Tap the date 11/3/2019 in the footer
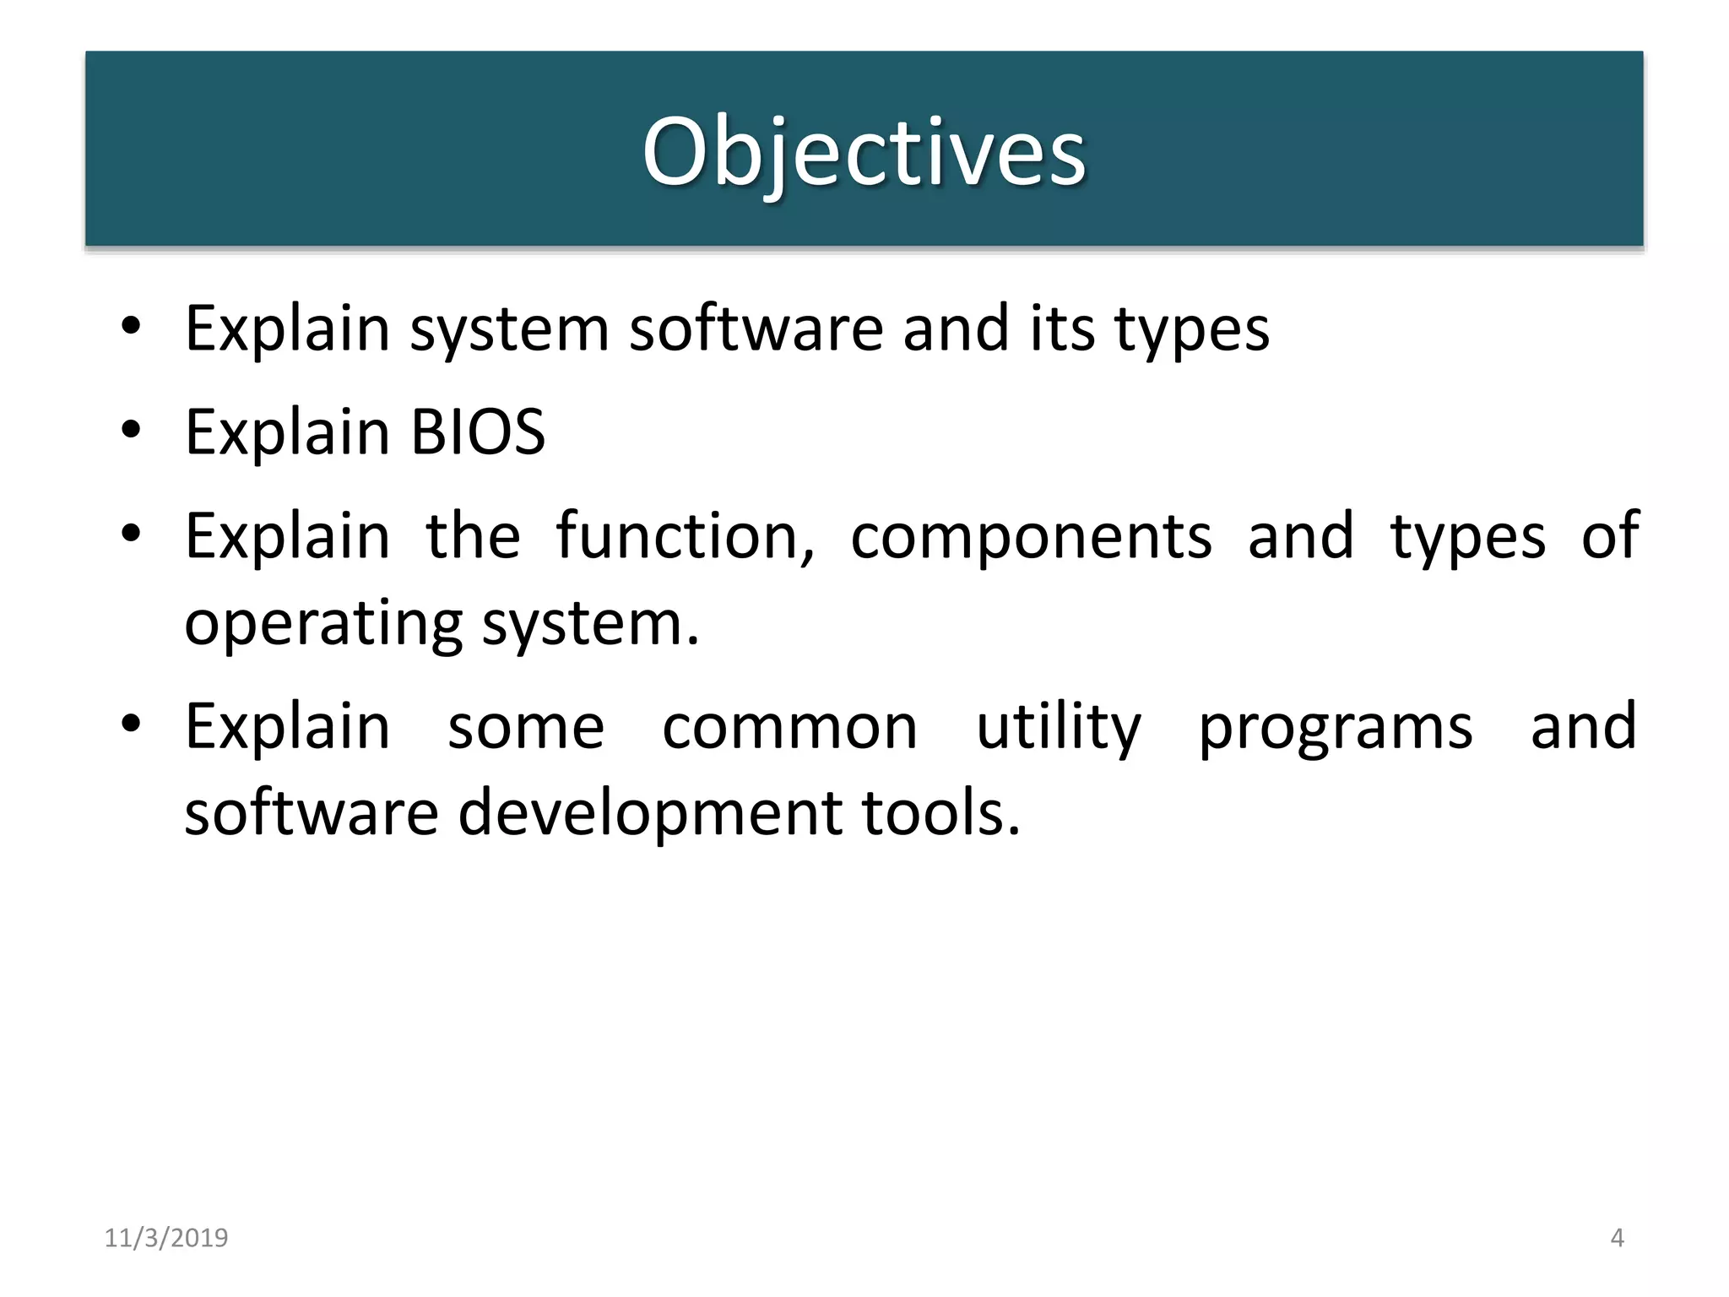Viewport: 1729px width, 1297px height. pyautogui.click(x=166, y=1238)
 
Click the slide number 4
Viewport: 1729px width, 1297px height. pyautogui.click(x=1617, y=1238)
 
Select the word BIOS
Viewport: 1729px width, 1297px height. pyautogui.click(x=478, y=432)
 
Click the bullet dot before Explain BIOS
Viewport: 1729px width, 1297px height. pyautogui.click(x=130, y=431)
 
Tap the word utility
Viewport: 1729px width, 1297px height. pyautogui.click(x=1059, y=728)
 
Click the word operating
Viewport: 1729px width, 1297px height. pyautogui.click(x=323, y=625)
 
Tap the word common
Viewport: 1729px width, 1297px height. pyautogui.click(x=789, y=728)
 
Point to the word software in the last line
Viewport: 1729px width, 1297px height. pyautogui.click(x=312, y=812)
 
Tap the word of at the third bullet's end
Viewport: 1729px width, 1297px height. pyautogui.click(x=1610, y=536)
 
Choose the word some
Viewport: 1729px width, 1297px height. pyautogui.click(x=526, y=728)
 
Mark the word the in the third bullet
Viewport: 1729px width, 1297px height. pyautogui.click(x=473, y=536)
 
